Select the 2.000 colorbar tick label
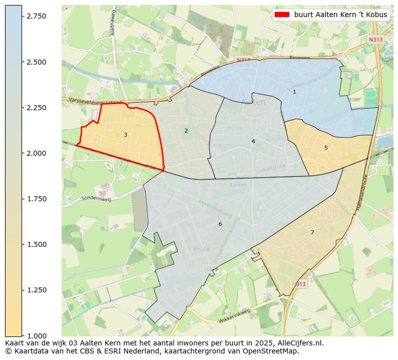(x=36, y=153)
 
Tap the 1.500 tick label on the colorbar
(x=36, y=244)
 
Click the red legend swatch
(x=282, y=15)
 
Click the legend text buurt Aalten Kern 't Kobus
(x=340, y=15)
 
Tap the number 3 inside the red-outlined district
(x=125, y=135)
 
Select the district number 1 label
(x=294, y=92)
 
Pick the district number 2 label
(x=186, y=131)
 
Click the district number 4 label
(x=253, y=141)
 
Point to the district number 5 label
(x=326, y=148)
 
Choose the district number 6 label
(x=220, y=224)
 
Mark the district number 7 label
(x=312, y=232)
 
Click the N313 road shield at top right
(x=375, y=40)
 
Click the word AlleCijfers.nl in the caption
(x=298, y=343)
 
